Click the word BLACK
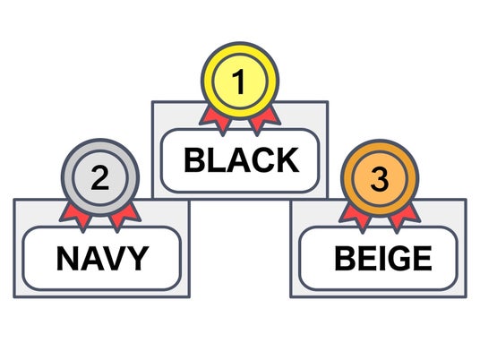click(241, 159)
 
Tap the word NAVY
click(103, 258)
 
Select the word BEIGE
click(383, 259)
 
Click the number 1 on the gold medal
click(239, 81)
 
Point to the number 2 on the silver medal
click(100, 178)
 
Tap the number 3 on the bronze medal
click(380, 179)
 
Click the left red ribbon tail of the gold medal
click(216, 120)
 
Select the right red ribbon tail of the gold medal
click(264, 120)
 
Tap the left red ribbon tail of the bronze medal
click(356, 219)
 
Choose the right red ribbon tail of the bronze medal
click(404, 219)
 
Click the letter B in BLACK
click(193, 159)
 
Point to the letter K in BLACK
click(288, 159)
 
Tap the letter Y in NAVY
click(139, 258)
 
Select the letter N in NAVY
click(67, 258)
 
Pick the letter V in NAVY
click(116, 258)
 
